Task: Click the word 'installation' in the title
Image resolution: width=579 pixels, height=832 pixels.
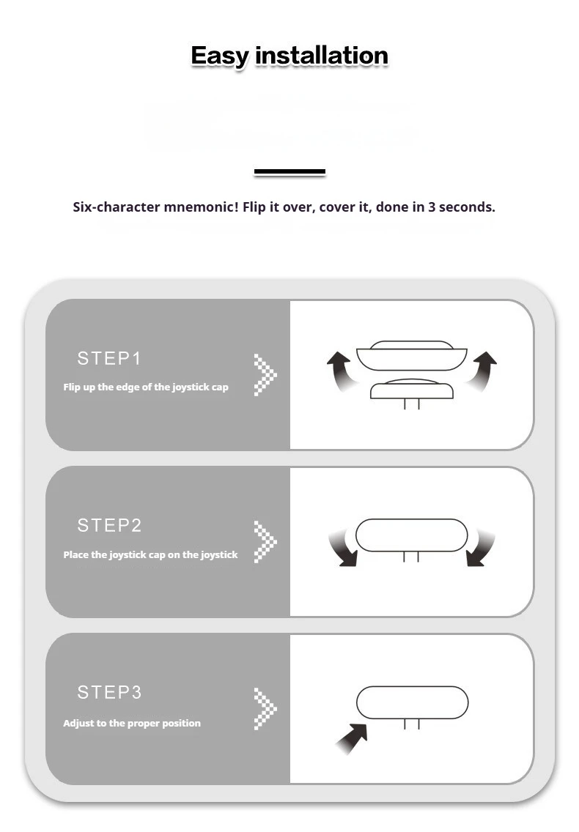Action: pyautogui.click(x=322, y=56)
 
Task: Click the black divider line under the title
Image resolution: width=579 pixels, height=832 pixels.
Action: pyautogui.click(x=289, y=171)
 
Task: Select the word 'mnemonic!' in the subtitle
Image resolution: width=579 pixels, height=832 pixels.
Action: pyautogui.click(x=201, y=207)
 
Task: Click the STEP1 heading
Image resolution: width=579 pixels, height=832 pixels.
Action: pyautogui.click(x=109, y=359)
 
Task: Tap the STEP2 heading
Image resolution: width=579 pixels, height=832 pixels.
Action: pyautogui.click(x=109, y=525)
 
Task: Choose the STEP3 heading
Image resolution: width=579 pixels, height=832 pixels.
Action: pyautogui.click(x=109, y=692)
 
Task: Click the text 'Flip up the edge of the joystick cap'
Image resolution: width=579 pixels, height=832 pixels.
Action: pyautogui.click(x=146, y=387)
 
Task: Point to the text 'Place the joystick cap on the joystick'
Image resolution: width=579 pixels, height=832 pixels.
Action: pyautogui.click(x=150, y=555)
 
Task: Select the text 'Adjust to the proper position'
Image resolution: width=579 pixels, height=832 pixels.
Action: pyautogui.click(x=132, y=723)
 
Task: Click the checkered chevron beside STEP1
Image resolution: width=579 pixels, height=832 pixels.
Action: pyautogui.click(x=265, y=374)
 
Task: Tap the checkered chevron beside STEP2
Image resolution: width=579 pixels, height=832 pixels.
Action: pyautogui.click(x=265, y=542)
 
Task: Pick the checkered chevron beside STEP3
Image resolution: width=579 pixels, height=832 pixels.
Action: pyautogui.click(x=265, y=709)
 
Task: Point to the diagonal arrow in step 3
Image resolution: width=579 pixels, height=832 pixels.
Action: pyautogui.click(x=353, y=738)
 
